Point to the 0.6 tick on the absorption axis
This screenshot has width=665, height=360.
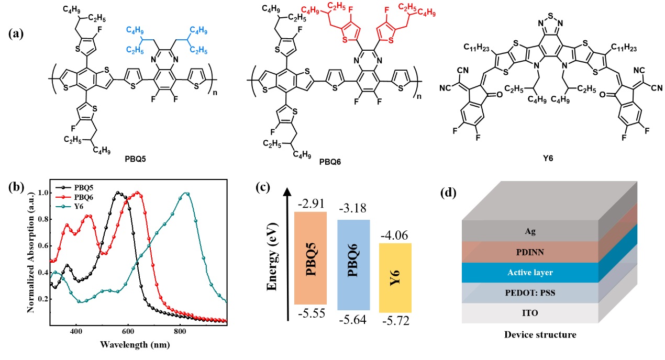[x=42, y=246]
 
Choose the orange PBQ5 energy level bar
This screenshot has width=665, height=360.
[x=312, y=258]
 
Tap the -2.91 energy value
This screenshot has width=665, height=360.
[x=312, y=201]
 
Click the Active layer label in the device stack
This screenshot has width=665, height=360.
[x=530, y=273]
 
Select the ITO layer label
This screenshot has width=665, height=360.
[x=530, y=313]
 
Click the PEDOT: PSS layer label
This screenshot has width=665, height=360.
[x=530, y=293]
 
